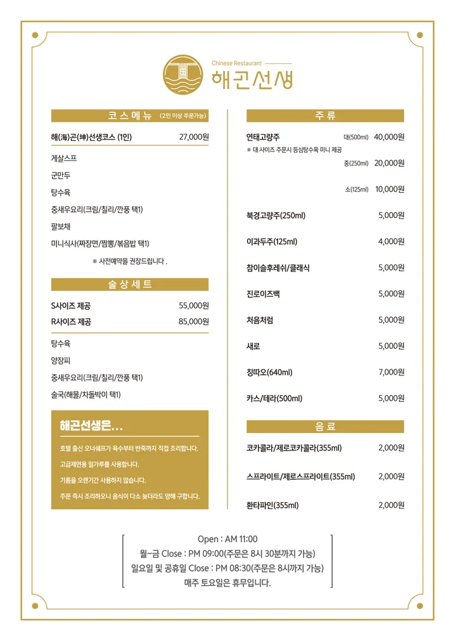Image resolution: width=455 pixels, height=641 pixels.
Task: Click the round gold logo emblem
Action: pos(183,75)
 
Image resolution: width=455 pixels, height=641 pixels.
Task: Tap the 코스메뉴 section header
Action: pos(130,116)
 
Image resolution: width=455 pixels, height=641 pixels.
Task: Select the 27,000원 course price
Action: pos(194,137)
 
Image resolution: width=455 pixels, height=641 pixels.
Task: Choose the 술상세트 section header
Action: pos(130,284)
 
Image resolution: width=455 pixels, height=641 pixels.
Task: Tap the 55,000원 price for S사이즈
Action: pos(194,306)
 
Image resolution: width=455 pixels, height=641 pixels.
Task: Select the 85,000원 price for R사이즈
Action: pos(194,321)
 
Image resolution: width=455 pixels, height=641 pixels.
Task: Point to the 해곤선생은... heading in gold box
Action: pos(91,425)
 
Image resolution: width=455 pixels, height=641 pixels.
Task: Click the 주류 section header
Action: pos(325,116)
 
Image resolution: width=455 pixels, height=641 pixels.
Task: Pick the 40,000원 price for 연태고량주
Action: pos(389,137)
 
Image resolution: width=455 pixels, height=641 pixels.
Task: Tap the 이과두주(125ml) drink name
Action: pos(272,242)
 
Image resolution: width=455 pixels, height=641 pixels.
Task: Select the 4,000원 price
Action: pos(391,242)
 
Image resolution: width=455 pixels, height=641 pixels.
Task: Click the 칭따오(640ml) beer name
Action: pos(269,372)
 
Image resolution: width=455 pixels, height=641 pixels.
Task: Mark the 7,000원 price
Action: pos(391,372)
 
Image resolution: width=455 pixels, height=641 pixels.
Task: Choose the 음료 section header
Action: pos(325,427)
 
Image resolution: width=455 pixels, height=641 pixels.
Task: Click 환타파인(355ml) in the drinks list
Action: pos(272,505)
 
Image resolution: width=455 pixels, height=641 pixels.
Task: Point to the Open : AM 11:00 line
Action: pos(227,539)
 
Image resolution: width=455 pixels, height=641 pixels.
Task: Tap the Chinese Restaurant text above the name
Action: pos(236,63)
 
